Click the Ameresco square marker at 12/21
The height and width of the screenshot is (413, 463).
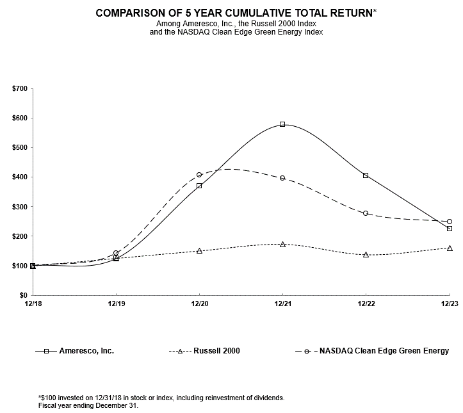(x=282, y=124)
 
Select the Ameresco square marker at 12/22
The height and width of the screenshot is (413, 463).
(x=366, y=175)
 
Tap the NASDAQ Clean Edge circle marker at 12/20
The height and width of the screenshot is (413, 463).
(x=199, y=174)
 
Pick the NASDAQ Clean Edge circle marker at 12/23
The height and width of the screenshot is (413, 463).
(x=450, y=222)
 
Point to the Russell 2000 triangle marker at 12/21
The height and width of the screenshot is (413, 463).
(x=282, y=244)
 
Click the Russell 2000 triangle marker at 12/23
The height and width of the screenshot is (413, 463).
(x=450, y=248)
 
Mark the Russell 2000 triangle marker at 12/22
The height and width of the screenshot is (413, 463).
(x=366, y=254)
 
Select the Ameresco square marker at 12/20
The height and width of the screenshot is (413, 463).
(x=199, y=186)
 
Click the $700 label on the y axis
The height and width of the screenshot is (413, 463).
(x=19, y=88)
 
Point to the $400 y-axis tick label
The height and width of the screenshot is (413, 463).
(x=19, y=177)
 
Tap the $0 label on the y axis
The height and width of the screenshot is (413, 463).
(x=22, y=295)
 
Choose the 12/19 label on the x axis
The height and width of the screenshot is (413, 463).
(x=116, y=305)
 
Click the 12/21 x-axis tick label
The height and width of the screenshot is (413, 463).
(x=282, y=305)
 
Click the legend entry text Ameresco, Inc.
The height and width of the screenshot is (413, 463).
(x=86, y=351)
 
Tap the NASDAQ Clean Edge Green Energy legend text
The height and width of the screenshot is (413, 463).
(x=384, y=351)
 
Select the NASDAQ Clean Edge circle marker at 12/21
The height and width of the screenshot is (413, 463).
(x=282, y=178)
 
